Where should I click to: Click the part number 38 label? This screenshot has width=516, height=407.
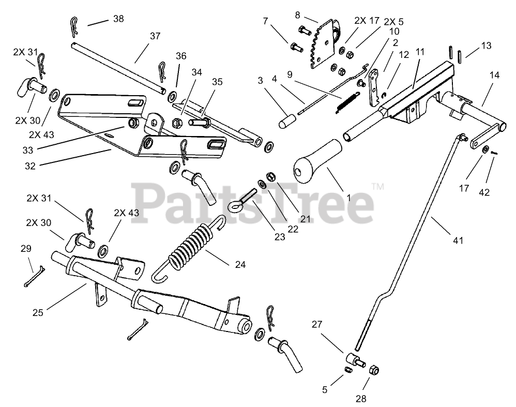click(118, 19)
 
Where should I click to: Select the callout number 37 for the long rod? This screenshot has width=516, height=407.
click(155, 36)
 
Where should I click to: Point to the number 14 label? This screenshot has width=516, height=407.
click(495, 76)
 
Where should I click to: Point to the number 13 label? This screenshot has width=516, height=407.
click(486, 46)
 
